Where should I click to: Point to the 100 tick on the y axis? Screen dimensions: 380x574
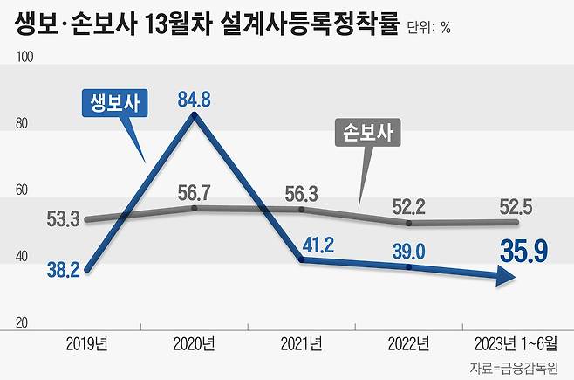click(24, 58)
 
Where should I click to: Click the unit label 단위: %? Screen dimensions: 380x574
click(428, 27)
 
